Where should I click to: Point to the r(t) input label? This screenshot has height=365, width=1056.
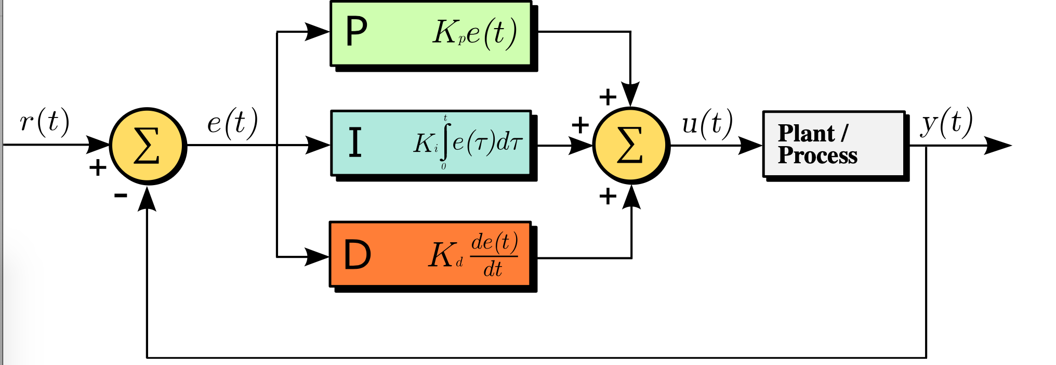point(45,122)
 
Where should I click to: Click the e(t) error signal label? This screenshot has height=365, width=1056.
point(232,123)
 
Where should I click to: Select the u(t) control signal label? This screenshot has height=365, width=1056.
point(707,124)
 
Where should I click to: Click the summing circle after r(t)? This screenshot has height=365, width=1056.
point(148,146)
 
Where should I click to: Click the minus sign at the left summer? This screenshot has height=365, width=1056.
point(121,195)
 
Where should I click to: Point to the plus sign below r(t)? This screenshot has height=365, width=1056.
point(98,167)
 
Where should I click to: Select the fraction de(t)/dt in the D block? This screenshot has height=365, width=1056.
point(494,255)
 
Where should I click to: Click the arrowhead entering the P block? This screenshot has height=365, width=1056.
point(317,32)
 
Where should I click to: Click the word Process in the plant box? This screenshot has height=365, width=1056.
point(817,155)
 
